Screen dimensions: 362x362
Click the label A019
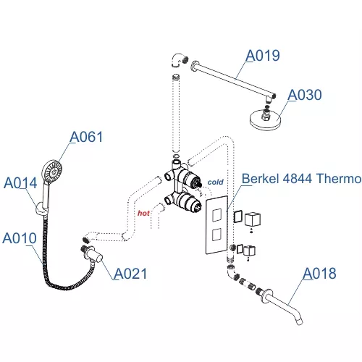(x=263, y=55)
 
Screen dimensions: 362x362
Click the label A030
(x=304, y=95)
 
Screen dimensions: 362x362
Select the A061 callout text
(x=87, y=137)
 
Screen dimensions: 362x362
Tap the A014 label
(x=20, y=183)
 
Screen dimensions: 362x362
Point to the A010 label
(x=20, y=237)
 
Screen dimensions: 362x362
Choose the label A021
(x=130, y=273)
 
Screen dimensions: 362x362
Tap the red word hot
(x=144, y=214)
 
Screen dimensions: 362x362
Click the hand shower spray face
(x=52, y=172)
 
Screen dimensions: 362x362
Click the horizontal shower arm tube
(x=232, y=78)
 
